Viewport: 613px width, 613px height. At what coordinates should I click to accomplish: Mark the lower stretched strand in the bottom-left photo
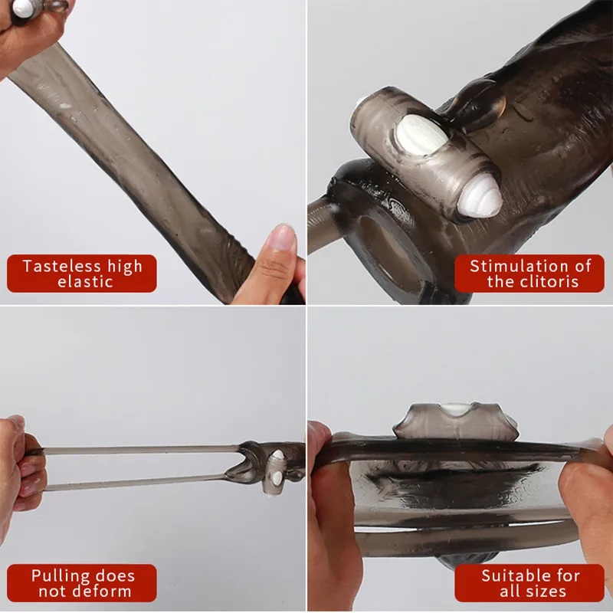click(138, 482)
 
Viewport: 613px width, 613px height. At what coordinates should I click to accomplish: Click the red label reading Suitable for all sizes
click(529, 583)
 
